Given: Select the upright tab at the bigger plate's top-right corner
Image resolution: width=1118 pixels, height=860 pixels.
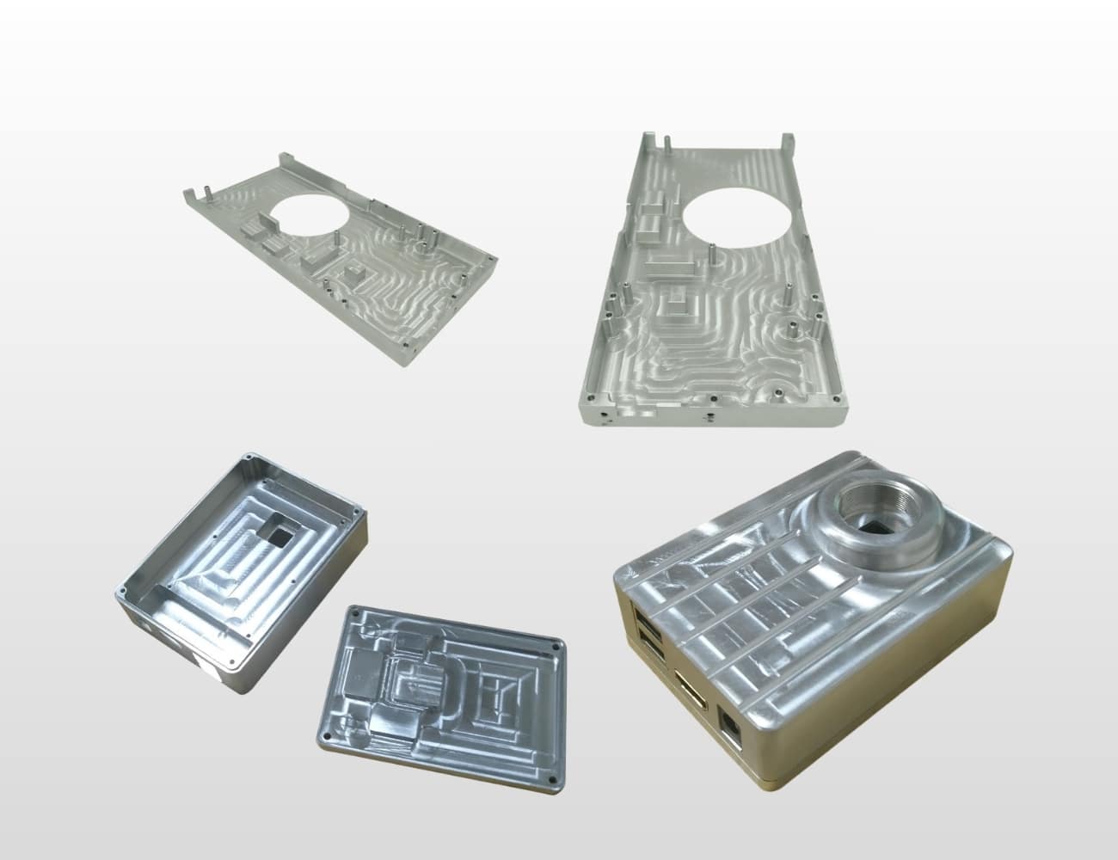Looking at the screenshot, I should [x=784, y=140].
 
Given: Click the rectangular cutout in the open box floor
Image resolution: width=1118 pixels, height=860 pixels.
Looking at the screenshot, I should [x=277, y=536].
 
